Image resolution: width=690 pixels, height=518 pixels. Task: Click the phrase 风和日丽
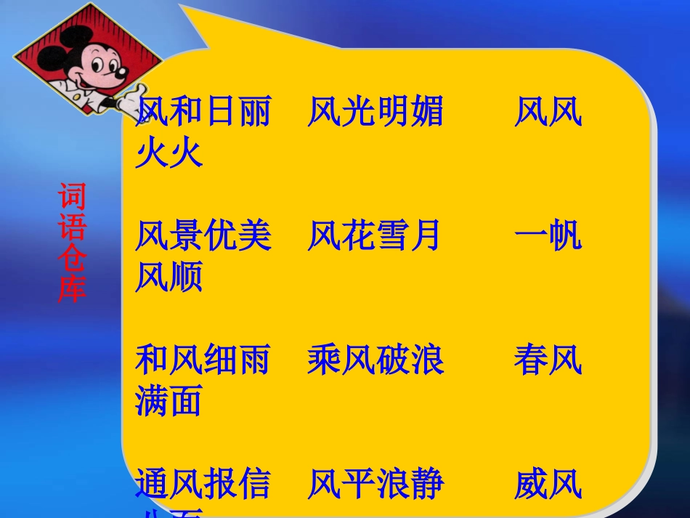pyautogui.click(x=203, y=113)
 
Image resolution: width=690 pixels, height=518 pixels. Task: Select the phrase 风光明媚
pyautogui.click(x=375, y=113)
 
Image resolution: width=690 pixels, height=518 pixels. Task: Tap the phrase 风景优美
pyautogui.click(x=203, y=237)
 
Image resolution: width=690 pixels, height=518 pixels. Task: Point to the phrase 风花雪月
pyautogui.click(x=375, y=237)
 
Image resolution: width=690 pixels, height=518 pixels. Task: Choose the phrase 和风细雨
pyautogui.click(x=203, y=360)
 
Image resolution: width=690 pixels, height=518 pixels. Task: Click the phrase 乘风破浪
pyautogui.click(x=375, y=360)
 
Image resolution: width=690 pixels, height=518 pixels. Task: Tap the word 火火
pyautogui.click(x=169, y=154)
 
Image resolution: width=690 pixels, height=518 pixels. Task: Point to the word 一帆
pyautogui.click(x=548, y=237)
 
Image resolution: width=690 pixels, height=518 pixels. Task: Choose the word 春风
pyautogui.click(x=548, y=360)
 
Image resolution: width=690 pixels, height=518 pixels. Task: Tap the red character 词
pyautogui.click(x=72, y=197)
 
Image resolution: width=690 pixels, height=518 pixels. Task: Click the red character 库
pyautogui.click(x=72, y=288)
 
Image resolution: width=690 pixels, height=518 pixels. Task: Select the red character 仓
pyautogui.click(x=72, y=258)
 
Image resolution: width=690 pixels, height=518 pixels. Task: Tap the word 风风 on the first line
pyautogui.click(x=548, y=113)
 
